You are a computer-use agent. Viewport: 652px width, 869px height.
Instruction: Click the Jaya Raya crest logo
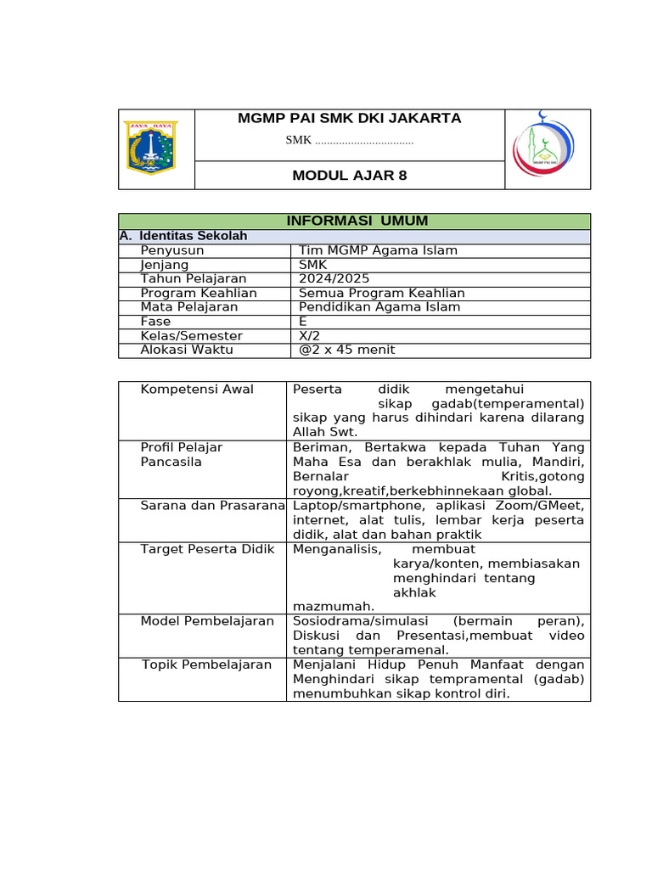pos(149,148)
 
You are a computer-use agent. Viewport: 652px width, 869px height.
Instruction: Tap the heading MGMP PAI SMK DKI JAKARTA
pos(349,119)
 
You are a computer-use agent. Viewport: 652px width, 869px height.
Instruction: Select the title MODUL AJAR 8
pos(349,176)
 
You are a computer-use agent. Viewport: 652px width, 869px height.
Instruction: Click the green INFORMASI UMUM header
pos(357,221)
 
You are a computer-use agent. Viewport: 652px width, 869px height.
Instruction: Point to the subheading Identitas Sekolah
pos(193,236)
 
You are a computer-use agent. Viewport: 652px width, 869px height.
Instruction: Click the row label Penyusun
pos(172,250)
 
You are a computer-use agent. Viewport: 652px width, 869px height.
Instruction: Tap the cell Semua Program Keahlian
pos(381,293)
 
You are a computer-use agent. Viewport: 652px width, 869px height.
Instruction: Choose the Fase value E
pos(303,322)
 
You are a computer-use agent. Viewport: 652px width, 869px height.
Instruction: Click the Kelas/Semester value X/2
pos(308,336)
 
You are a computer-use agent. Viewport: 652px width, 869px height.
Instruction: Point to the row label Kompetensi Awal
pos(197,390)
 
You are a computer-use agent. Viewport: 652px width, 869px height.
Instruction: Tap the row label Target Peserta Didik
pos(208,550)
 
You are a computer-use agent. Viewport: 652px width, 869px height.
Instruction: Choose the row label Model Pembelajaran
pos(207,621)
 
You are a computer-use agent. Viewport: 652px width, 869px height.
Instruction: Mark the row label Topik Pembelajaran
pos(206,664)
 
